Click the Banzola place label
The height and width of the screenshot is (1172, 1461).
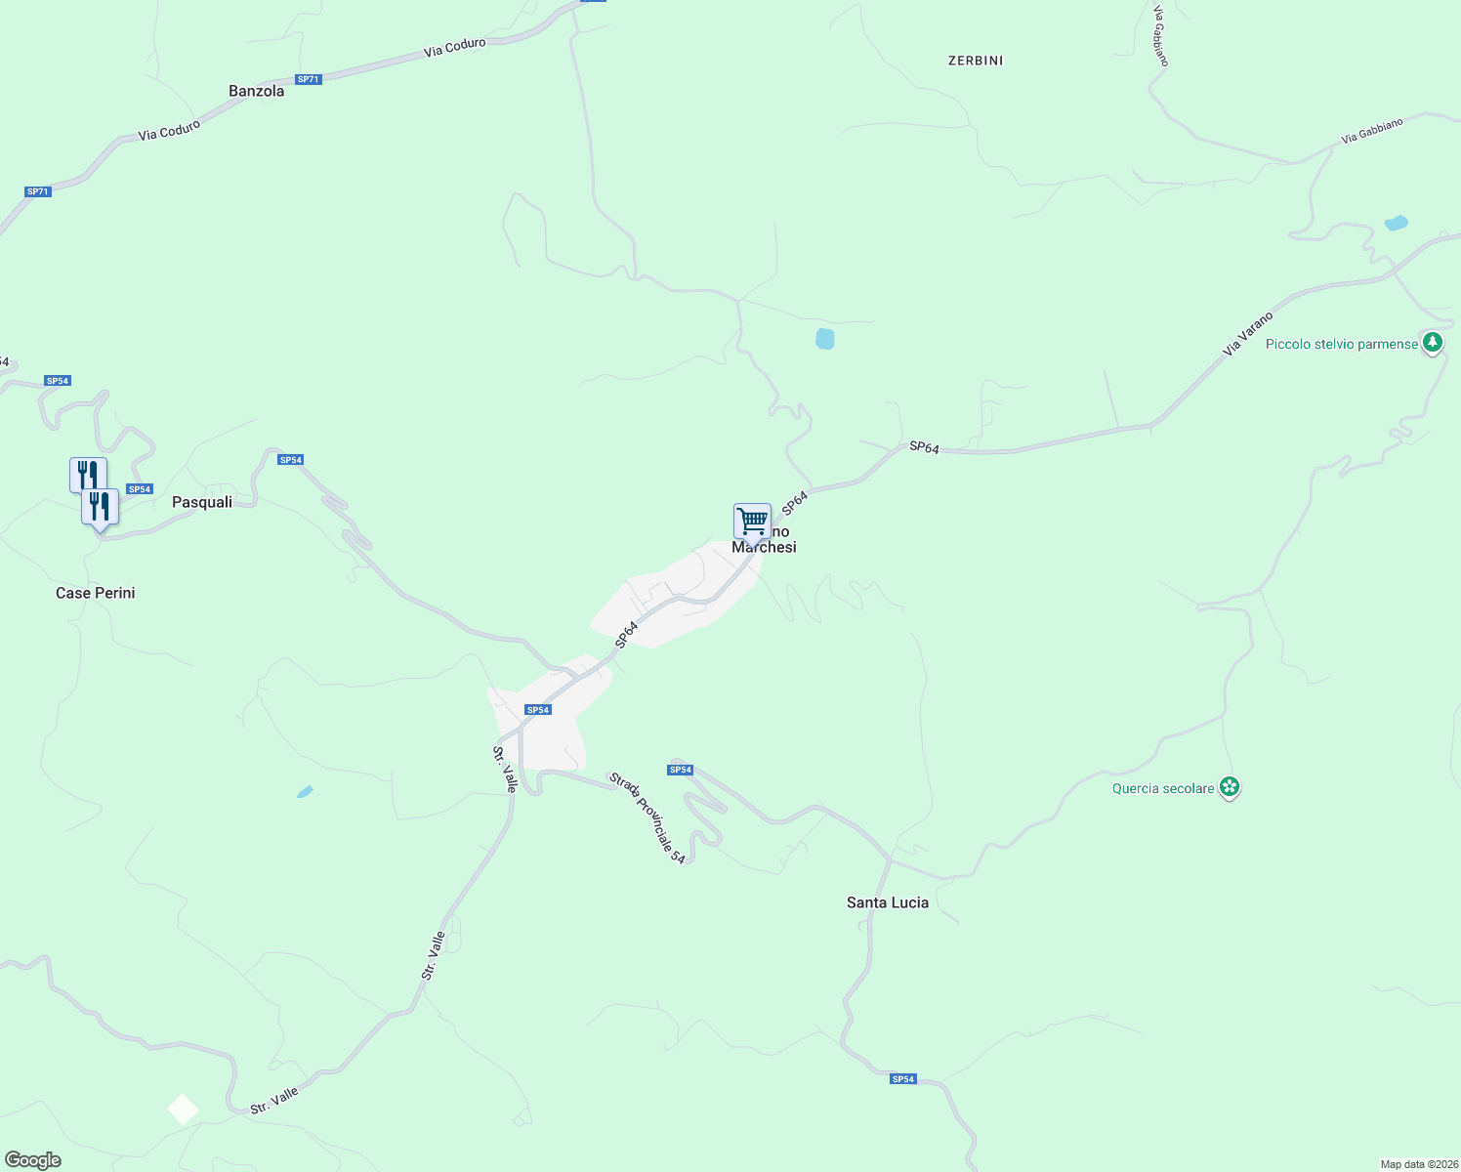pyautogui.click(x=256, y=91)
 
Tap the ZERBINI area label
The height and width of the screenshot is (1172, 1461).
pyautogui.click(x=976, y=61)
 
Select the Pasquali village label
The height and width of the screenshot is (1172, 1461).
pyautogui.click(x=202, y=502)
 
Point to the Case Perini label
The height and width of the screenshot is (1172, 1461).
pyautogui.click(x=96, y=593)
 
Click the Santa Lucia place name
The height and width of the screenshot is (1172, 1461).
pyautogui.click(x=888, y=902)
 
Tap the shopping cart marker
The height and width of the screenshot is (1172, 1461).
pyautogui.click(x=752, y=521)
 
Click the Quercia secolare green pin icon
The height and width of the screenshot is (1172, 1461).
pyautogui.click(x=1230, y=787)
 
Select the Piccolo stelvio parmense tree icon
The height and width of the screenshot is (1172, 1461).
pyautogui.click(x=1432, y=343)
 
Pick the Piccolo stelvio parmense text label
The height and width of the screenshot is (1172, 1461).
pyautogui.click(x=1341, y=344)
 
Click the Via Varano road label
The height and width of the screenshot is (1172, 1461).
pyautogui.click(x=1248, y=334)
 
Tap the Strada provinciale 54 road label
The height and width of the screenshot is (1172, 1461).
pyautogui.click(x=647, y=817)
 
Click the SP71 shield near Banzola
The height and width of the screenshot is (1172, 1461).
pyautogui.click(x=308, y=79)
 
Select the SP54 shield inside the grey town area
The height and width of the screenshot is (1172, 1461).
pyautogui.click(x=538, y=710)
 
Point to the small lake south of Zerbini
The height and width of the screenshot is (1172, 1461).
pyautogui.click(x=824, y=339)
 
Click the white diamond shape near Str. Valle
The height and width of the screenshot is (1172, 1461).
pyautogui.click(x=183, y=1109)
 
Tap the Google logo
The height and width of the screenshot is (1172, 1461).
pyautogui.click(x=33, y=1160)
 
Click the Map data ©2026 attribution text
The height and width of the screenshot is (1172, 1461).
pyautogui.click(x=1418, y=1164)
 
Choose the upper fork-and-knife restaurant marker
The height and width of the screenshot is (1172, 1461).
pyautogui.click(x=88, y=475)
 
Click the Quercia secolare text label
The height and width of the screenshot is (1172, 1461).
pyautogui.click(x=1163, y=788)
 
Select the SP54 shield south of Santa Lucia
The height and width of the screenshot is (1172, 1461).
pyautogui.click(x=903, y=1079)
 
